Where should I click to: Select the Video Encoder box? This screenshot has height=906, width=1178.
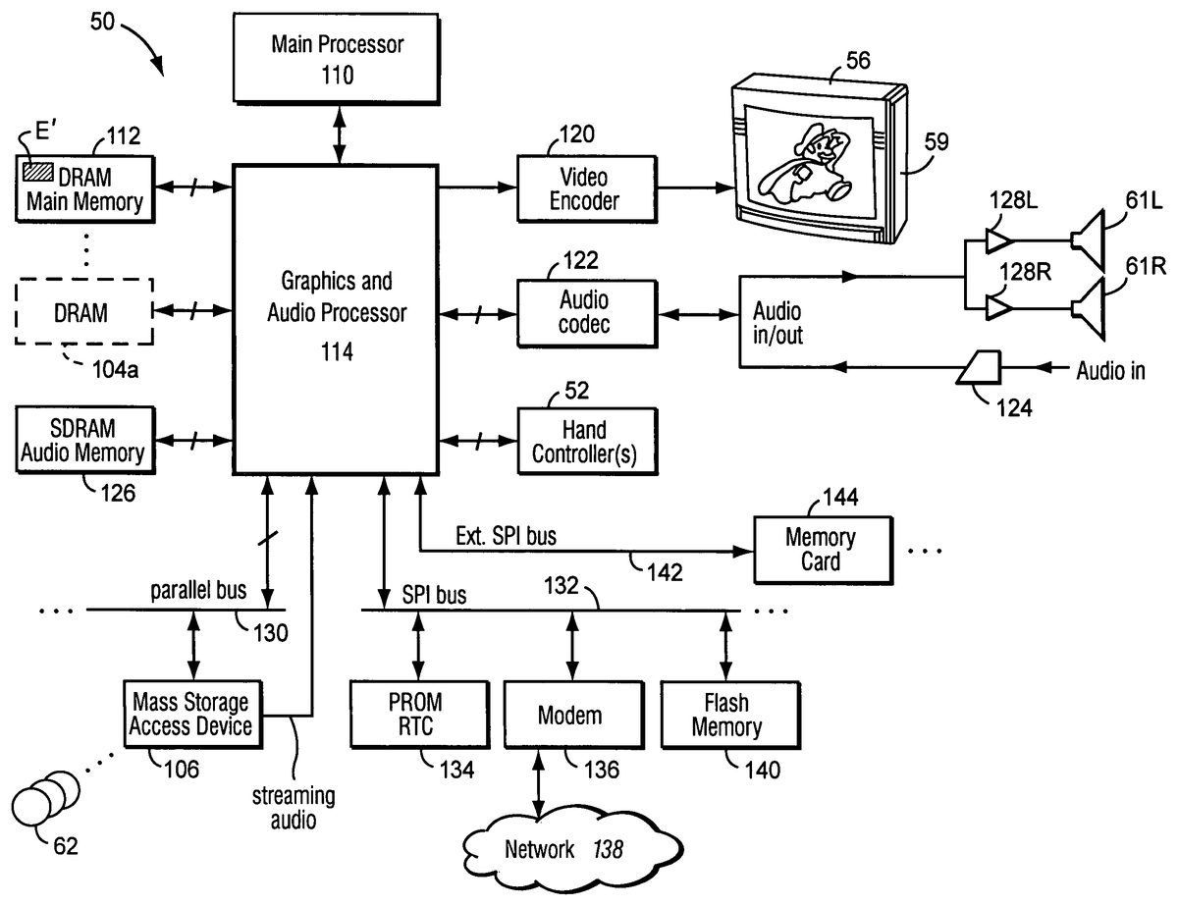coord(584,189)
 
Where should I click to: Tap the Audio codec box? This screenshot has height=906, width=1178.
coord(584,311)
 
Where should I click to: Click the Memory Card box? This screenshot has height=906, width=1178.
coord(820,550)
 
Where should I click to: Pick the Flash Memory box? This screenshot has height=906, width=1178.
coord(725,715)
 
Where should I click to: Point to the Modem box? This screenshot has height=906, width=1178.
coord(569,715)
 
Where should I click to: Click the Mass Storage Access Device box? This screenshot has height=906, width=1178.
coord(192,715)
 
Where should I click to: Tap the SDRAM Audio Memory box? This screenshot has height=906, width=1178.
coord(83,441)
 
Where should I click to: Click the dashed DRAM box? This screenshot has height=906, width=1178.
coord(83,311)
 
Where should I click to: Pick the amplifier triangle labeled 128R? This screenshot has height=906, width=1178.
coord(997,308)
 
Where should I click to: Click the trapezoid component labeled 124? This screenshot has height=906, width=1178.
coord(980,368)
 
